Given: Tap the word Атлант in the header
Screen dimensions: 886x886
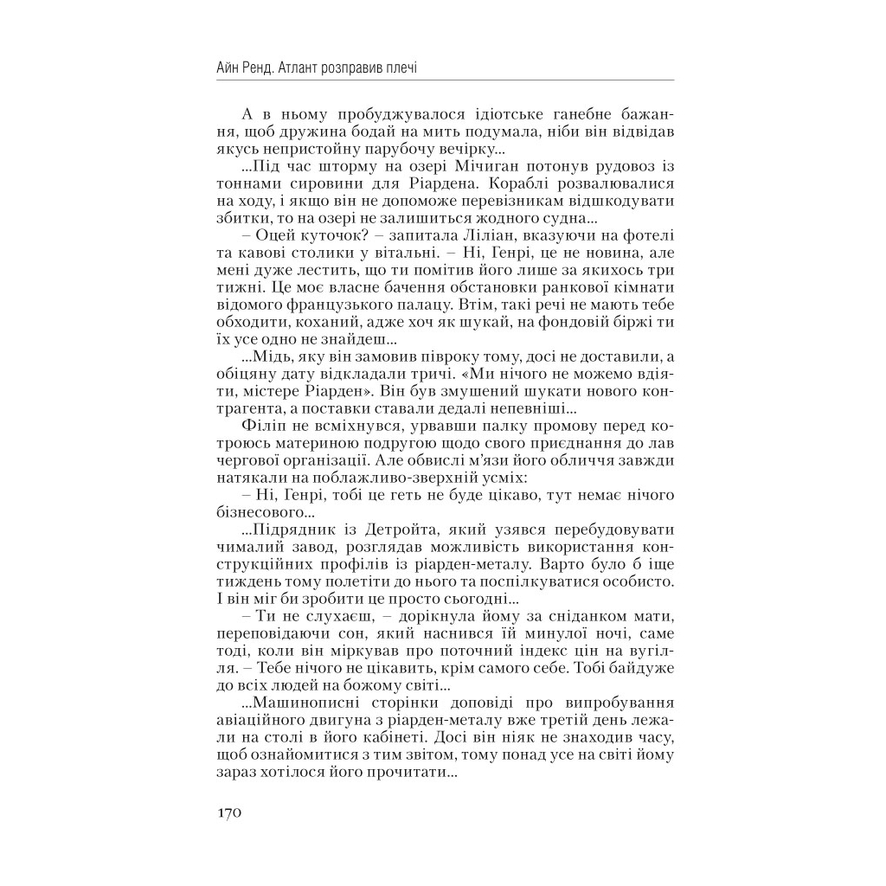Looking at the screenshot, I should coord(311,67).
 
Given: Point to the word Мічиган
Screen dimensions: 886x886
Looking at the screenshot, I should coord(447,165).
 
